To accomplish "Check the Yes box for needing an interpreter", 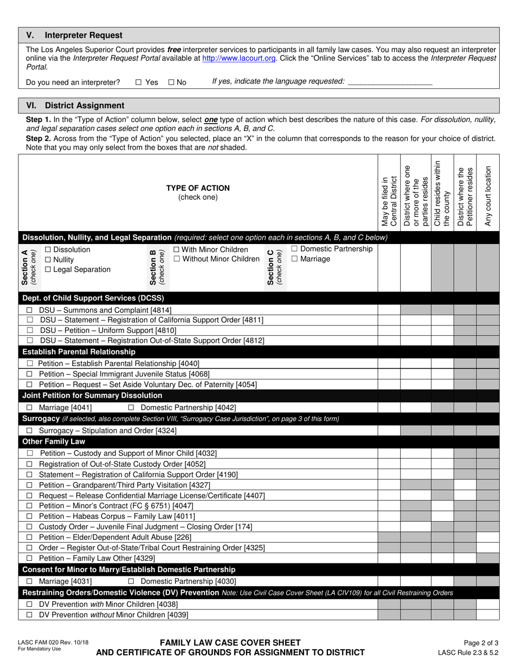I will click(138, 82).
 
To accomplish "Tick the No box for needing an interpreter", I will click(171, 82).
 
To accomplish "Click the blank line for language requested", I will click(389, 82).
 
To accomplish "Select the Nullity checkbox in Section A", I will click(48, 260).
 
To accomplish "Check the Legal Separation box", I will click(48, 270).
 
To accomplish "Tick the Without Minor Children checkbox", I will click(177, 259).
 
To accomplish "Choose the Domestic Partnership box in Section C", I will click(294, 249).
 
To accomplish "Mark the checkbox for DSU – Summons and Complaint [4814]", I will click(29, 310).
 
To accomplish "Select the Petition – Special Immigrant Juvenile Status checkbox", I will click(29, 374).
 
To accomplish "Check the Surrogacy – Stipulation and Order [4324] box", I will click(29, 431).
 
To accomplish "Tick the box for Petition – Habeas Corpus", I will click(29, 516).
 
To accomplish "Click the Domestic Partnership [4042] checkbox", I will click(131, 408).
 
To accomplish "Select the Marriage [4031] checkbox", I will click(29, 581).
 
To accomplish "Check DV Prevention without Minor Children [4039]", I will click(29, 615).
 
